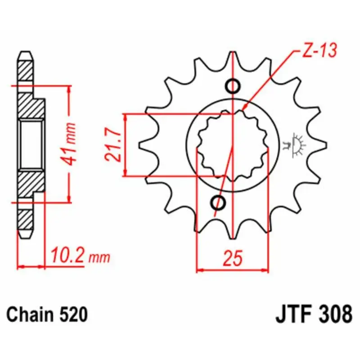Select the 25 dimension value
[x=233, y=258]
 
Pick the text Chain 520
[x=47, y=314]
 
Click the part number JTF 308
[x=314, y=314]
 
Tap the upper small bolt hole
[x=233, y=86]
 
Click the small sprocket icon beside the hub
[x=295, y=145]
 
